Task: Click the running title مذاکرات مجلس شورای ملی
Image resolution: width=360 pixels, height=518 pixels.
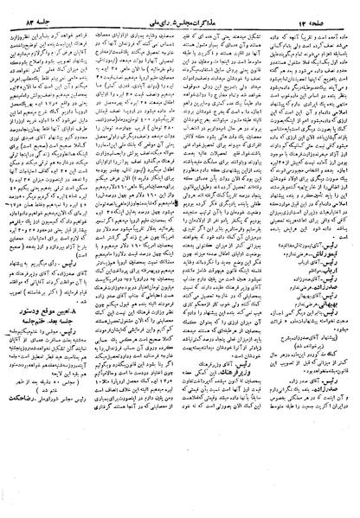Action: coord(178,10)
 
